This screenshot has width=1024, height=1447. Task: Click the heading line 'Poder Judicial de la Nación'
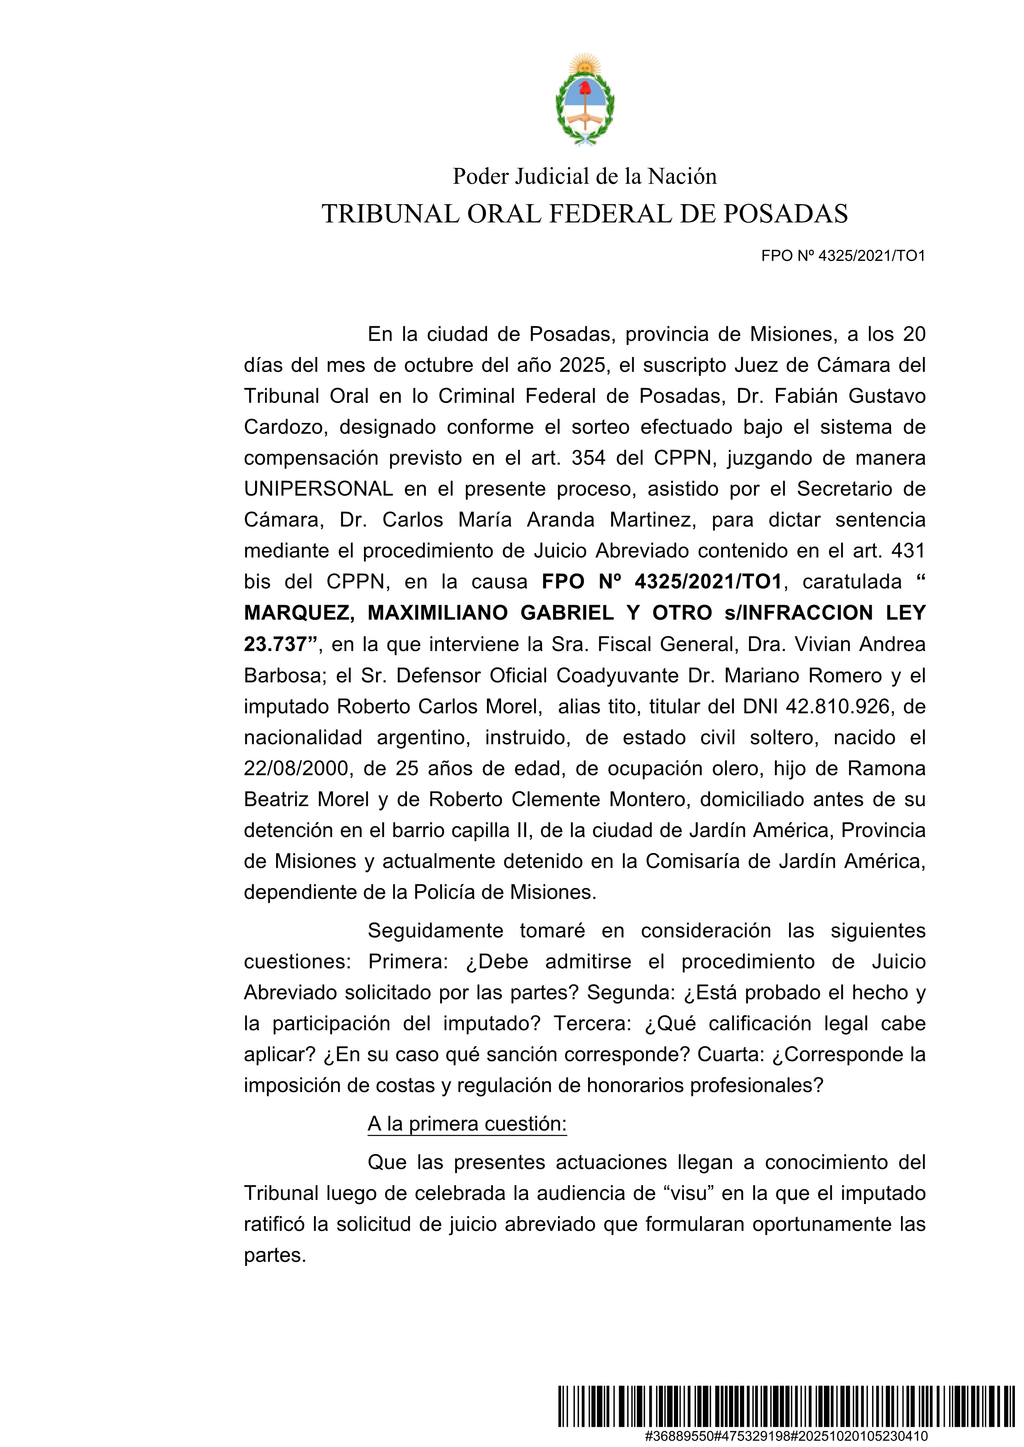584,177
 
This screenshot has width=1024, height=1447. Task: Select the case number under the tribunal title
843,256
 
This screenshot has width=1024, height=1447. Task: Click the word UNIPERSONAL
318,488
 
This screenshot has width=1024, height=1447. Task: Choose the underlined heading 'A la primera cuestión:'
467,1124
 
